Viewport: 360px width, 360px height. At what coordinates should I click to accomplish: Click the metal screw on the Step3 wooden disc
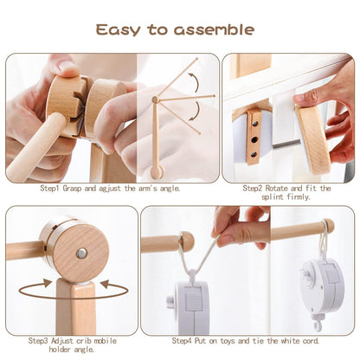click(x=80, y=254)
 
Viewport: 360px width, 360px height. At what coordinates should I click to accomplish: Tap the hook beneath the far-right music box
click(x=318, y=325)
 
